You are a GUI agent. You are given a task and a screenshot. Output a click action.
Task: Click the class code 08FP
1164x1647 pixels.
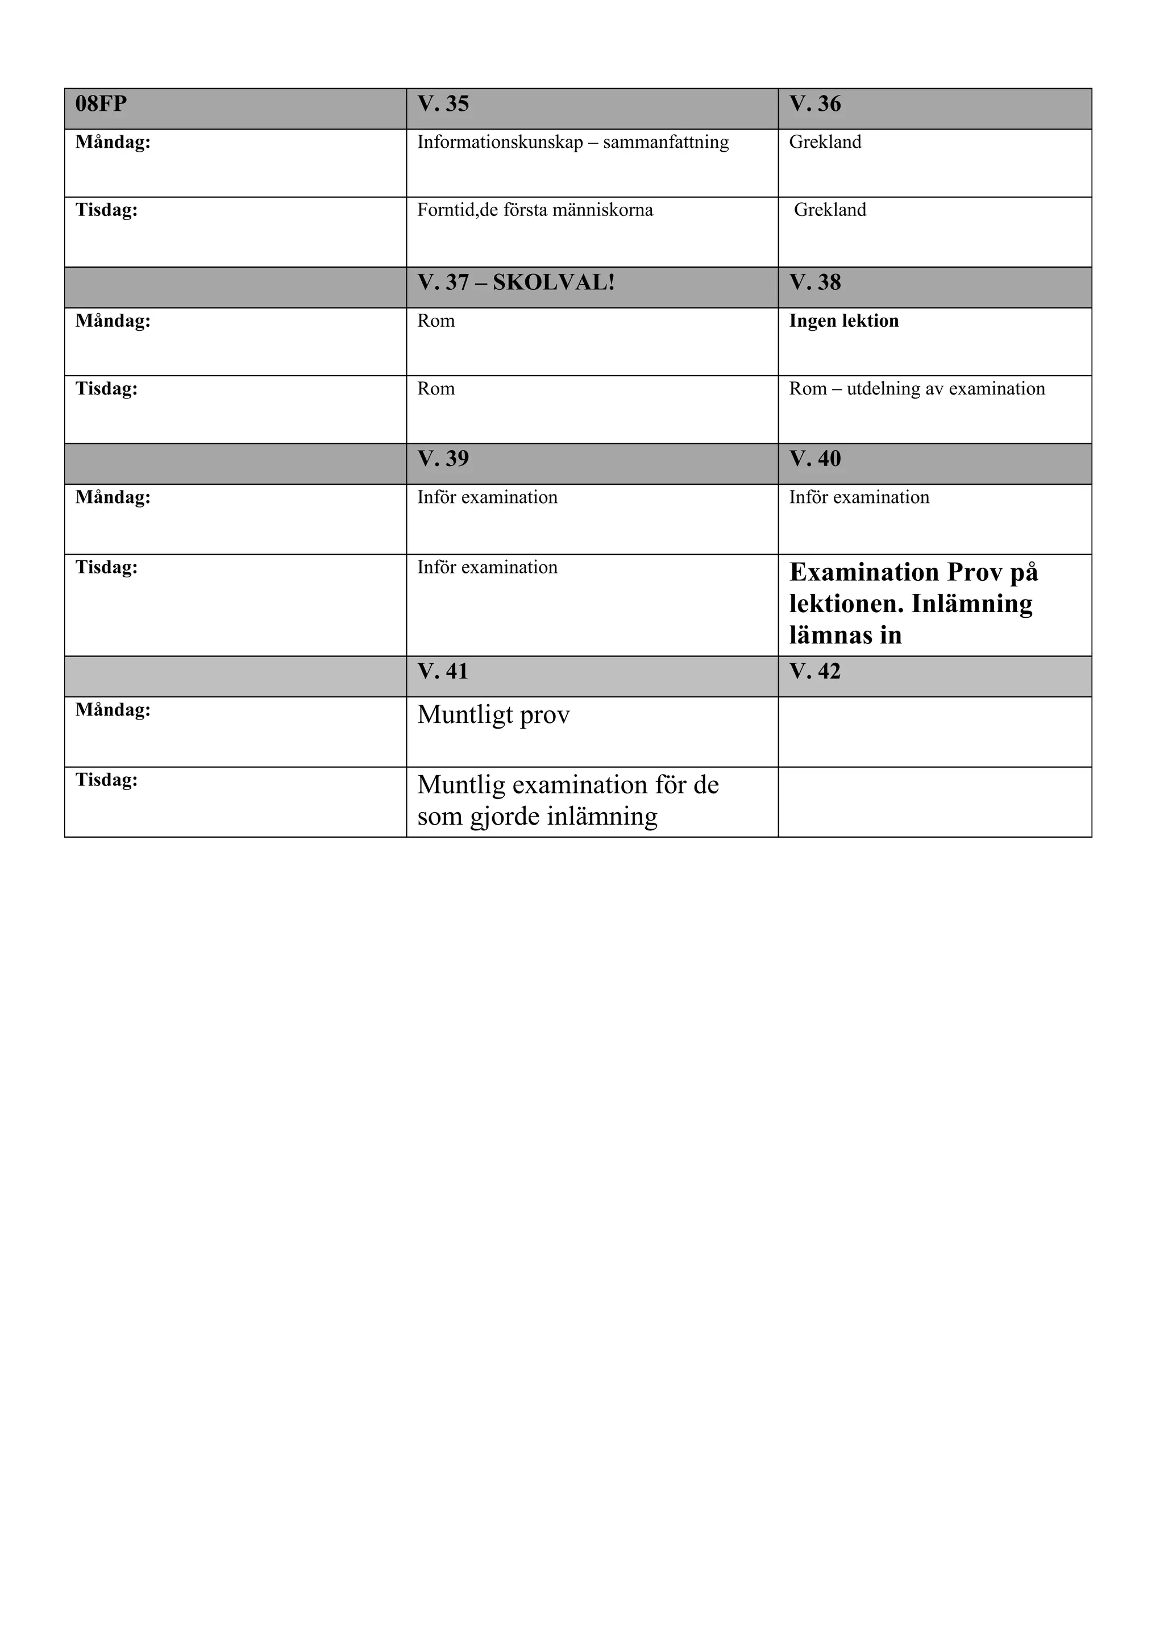click(x=101, y=104)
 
